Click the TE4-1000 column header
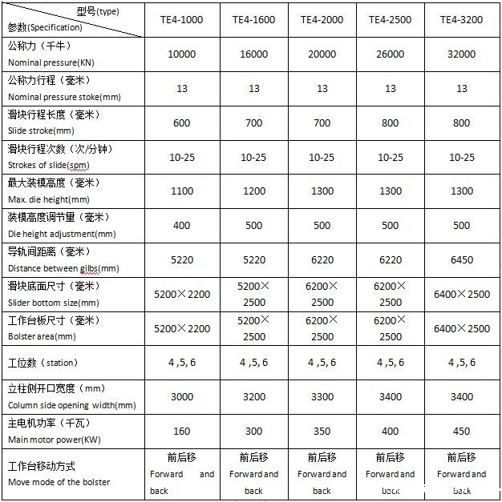click(x=182, y=19)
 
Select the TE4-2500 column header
click(x=391, y=19)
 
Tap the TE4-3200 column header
click(x=461, y=19)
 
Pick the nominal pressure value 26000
click(x=391, y=54)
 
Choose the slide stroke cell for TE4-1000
click(x=182, y=123)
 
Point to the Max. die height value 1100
click(x=182, y=191)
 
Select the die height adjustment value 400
click(x=182, y=226)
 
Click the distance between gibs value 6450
click(x=461, y=260)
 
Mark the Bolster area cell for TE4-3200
click(x=461, y=328)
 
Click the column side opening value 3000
click(x=182, y=396)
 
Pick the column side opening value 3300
click(x=322, y=396)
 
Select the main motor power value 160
click(x=182, y=431)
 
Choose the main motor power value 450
click(x=461, y=431)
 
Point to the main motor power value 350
click(x=322, y=431)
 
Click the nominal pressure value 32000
click(x=461, y=54)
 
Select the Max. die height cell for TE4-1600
click(x=253, y=191)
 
